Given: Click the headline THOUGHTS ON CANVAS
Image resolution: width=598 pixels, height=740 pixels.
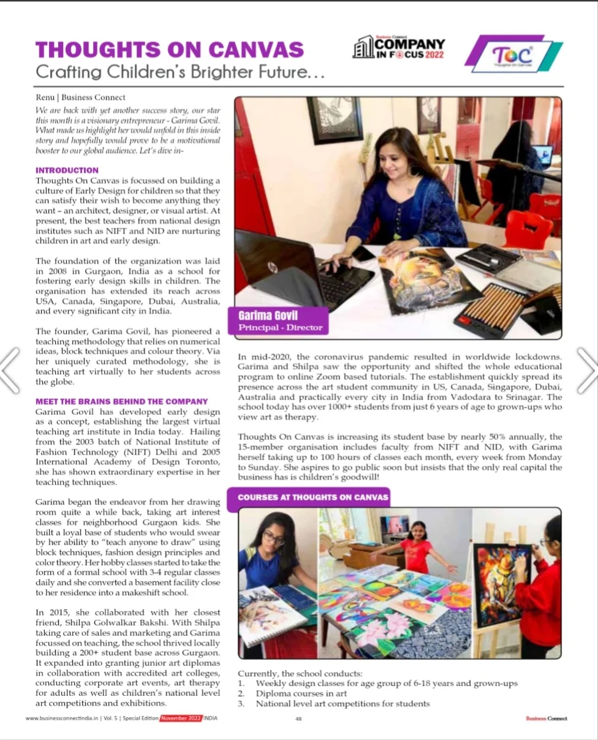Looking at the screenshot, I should (x=170, y=49).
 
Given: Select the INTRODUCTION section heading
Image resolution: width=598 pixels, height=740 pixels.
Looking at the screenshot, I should (x=67, y=170).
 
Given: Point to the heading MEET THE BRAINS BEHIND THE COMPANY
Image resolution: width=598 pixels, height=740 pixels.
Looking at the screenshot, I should (x=121, y=401).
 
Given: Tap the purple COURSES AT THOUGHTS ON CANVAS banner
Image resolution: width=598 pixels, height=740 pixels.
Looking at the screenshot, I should (x=312, y=497).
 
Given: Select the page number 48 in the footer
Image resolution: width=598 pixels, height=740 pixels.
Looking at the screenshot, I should (x=298, y=719).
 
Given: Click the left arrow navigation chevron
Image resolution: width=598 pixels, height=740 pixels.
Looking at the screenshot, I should (x=11, y=370).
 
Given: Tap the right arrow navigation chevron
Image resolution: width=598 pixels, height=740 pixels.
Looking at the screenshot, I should (x=586, y=370).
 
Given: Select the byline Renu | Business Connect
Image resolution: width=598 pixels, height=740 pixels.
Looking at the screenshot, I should (x=80, y=97).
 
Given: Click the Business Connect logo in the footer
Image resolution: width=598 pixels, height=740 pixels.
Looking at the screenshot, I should (x=547, y=719).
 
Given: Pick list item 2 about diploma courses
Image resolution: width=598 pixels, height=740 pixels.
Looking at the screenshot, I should (x=301, y=693).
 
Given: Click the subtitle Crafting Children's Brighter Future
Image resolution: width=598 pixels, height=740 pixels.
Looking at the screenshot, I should (x=180, y=72).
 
